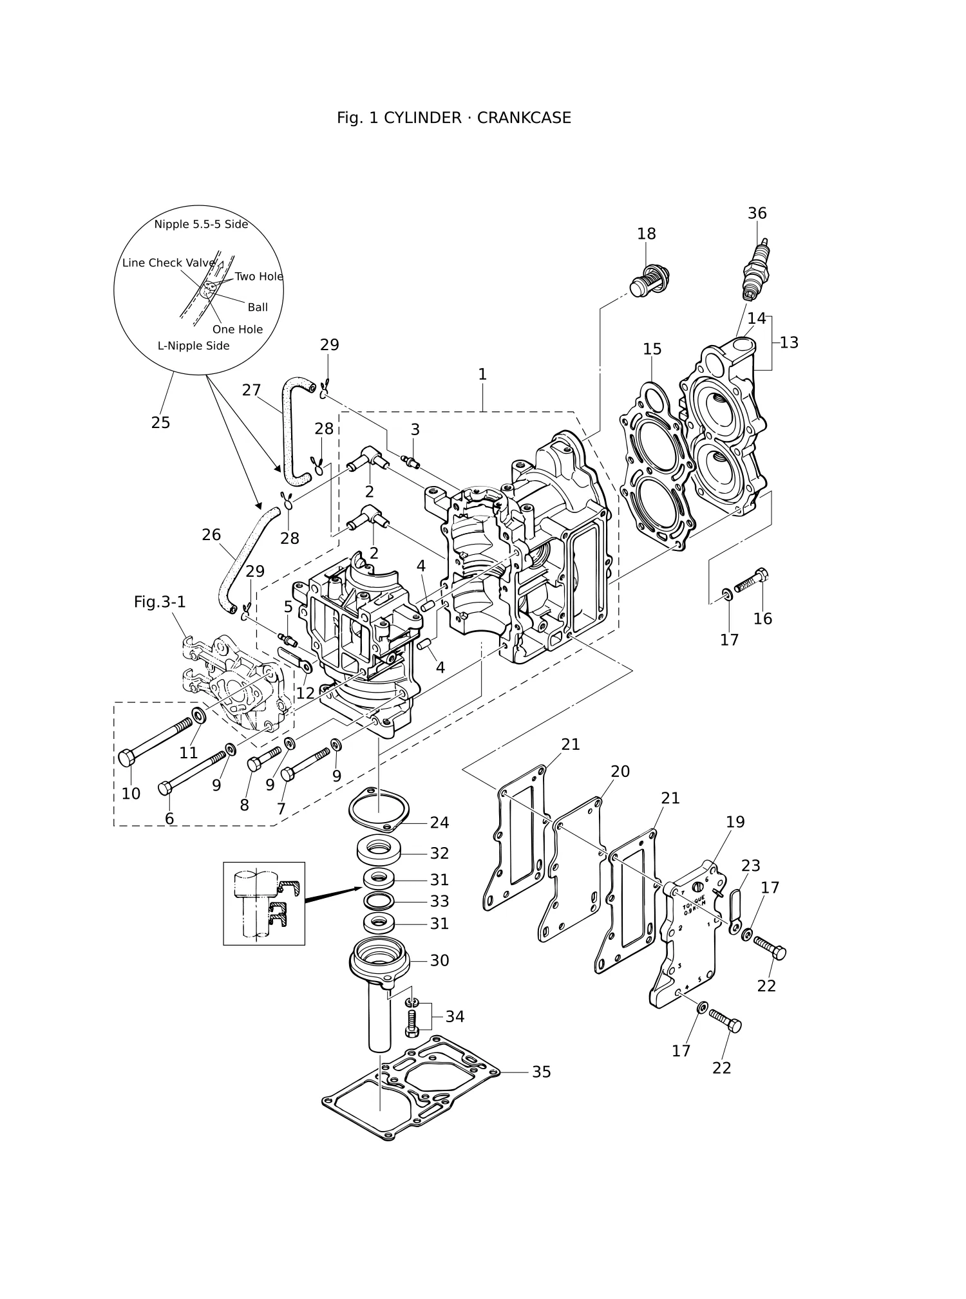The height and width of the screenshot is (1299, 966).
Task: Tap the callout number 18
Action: click(x=647, y=234)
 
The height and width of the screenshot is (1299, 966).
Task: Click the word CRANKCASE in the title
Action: click(x=524, y=118)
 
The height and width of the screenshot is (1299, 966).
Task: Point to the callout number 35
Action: click(x=542, y=1072)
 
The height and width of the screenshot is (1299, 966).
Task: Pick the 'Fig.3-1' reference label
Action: click(x=160, y=602)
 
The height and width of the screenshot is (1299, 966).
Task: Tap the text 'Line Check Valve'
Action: click(x=169, y=263)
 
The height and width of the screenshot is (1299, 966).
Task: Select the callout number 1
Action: click(x=482, y=374)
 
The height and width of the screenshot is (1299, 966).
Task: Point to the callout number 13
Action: click(x=789, y=342)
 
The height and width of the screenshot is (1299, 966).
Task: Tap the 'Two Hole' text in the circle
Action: click(x=259, y=277)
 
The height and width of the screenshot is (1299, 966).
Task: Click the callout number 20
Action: click(x=620, y=771)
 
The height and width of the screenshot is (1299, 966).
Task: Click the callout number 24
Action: click(x=440, y=823)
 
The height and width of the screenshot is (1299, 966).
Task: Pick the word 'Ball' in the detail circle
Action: click(x=258, y=308)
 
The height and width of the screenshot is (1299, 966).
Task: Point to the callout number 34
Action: click(x=455, y=1016)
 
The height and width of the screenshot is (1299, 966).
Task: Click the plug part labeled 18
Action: click(x=649, y=280)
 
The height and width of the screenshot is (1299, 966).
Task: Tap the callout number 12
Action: click(x=305, y=693)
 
